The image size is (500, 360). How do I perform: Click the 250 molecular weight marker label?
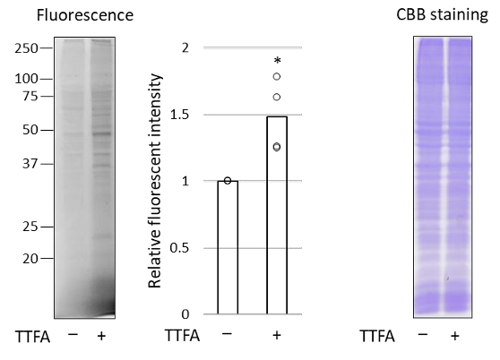tap(26, 48)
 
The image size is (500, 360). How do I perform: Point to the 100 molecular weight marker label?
tap(26, 79)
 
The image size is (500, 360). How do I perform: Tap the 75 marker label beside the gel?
tap(30, 96)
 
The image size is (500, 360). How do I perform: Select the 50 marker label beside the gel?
tap(30, 130)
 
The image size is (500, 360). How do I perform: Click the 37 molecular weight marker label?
tap(30, 164)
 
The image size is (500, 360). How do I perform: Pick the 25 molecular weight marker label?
tap(30, 227)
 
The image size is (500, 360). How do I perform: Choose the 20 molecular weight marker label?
tap(30, 259)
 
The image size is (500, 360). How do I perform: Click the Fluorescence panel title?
tap(85, 15)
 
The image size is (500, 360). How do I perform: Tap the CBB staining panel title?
tap(442, 14)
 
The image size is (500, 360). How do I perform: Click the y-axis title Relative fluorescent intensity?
tap(155, 181)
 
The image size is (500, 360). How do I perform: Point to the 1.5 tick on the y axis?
tap(179, 115)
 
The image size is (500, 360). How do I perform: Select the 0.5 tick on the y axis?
tap(179, 248)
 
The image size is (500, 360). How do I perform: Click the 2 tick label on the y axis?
tap(185, 48)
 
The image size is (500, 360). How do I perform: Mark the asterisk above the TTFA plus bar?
tap(278, 60)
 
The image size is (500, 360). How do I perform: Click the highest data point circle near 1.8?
tap(277, 76)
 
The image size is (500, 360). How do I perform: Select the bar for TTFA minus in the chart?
tap(228, 247)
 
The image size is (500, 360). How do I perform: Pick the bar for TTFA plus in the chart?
tap(277, 215)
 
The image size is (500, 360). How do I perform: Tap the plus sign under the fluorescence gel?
tap(101, 336)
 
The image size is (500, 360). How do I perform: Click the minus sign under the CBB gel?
tap(423, 335)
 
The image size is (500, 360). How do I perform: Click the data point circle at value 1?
tap(228, 181)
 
